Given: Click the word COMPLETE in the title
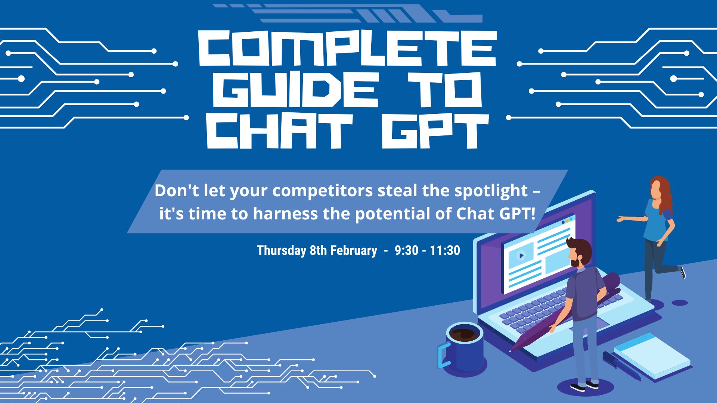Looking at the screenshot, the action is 347,49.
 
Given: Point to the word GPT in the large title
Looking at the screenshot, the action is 435,131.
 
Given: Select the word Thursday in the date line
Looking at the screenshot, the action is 281,250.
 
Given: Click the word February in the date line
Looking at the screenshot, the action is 354,250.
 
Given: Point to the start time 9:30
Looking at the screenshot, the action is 406,250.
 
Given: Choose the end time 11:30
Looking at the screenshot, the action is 445,250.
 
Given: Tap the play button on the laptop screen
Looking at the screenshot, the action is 521,256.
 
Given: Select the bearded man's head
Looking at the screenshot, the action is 580,253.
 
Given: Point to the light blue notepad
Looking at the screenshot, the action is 652,356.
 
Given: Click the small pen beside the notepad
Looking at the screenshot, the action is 622,366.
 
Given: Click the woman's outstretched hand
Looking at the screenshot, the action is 621,219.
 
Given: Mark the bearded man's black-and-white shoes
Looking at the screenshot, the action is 585,386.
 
